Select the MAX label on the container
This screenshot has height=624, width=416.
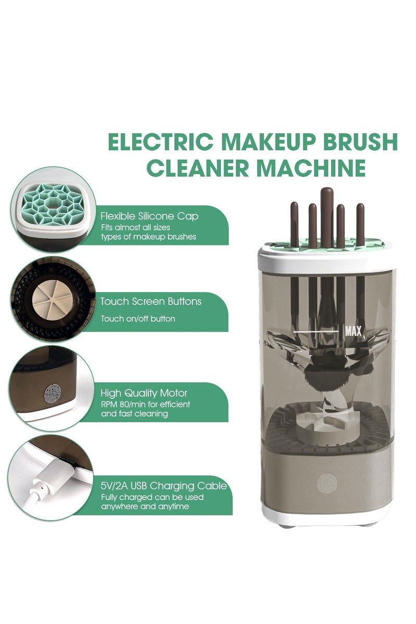[353, 330]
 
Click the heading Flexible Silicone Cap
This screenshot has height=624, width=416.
[149, 215]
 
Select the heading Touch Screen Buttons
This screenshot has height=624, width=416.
[151, 302]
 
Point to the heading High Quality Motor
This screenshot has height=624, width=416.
[144, 393]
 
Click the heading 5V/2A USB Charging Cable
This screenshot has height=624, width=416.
[163, 486]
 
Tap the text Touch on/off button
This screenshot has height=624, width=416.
[138, 319]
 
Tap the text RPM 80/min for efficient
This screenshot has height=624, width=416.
[145, 404]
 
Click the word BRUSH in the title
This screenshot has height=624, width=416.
[353, 142]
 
